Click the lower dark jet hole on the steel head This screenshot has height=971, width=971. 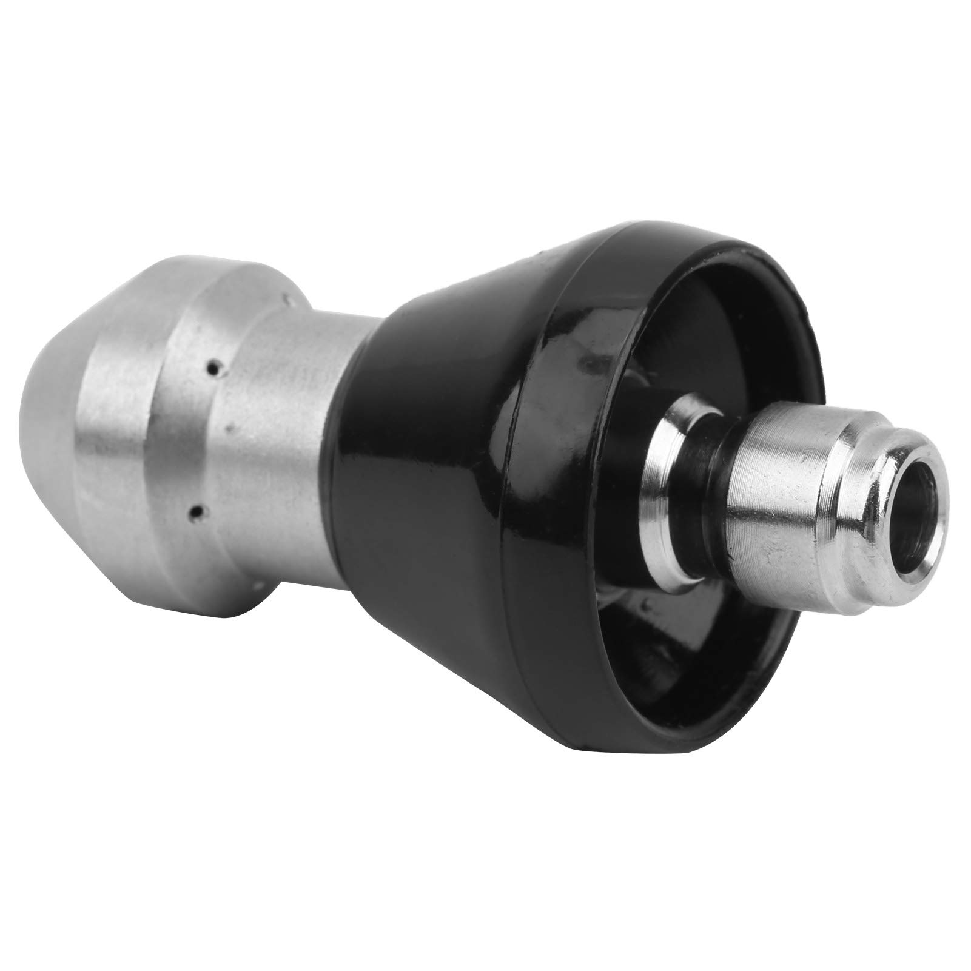point(196,512)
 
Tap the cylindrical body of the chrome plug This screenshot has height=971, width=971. point(782,479)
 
